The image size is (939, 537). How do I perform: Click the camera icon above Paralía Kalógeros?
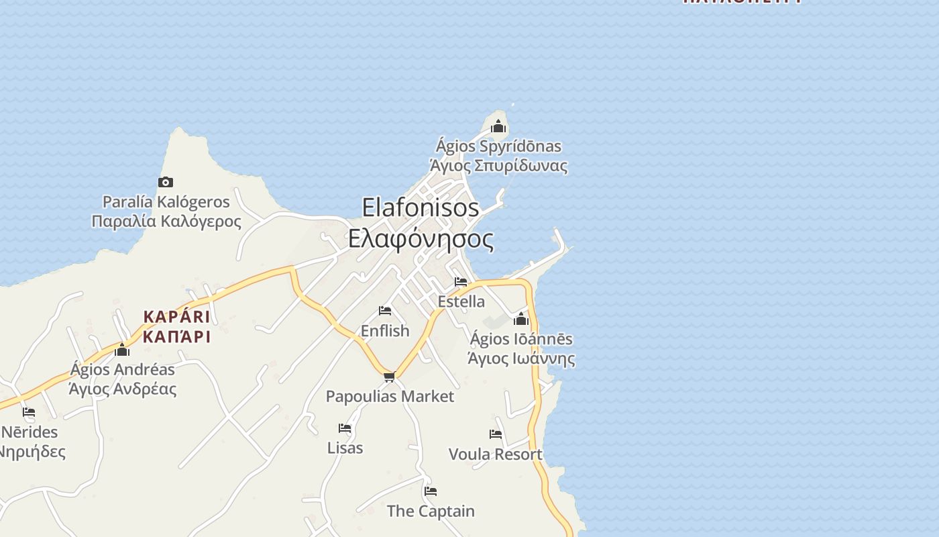point(166,182)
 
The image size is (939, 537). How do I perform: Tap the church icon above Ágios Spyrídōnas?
point(498,126)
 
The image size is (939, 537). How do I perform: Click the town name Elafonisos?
point(421,207)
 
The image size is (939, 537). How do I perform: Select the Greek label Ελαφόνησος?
point(421,239)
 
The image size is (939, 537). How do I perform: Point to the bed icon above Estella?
point(461,282)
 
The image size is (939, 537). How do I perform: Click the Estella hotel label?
point(461,301)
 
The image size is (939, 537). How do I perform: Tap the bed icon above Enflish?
point(385,311)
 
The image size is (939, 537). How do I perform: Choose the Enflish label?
point(385,331)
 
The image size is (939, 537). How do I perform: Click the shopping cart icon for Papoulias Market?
point(390,377)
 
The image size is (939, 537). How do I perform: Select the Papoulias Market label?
point(390,397)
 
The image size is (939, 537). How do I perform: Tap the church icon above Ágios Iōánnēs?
point(521,319)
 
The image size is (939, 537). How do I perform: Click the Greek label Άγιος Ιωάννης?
point(521,358)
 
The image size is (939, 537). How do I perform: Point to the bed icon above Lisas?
point(345,428)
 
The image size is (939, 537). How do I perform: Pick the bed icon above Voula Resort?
point(496,434)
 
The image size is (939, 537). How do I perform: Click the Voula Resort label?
point(496,454)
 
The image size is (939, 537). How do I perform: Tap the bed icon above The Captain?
point(431,491)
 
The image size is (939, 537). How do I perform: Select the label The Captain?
point(431,511)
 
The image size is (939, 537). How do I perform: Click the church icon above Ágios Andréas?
point(122,350)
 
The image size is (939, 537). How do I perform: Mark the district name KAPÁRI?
point(176,317)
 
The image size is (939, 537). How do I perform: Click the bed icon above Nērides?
point(29,412)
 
